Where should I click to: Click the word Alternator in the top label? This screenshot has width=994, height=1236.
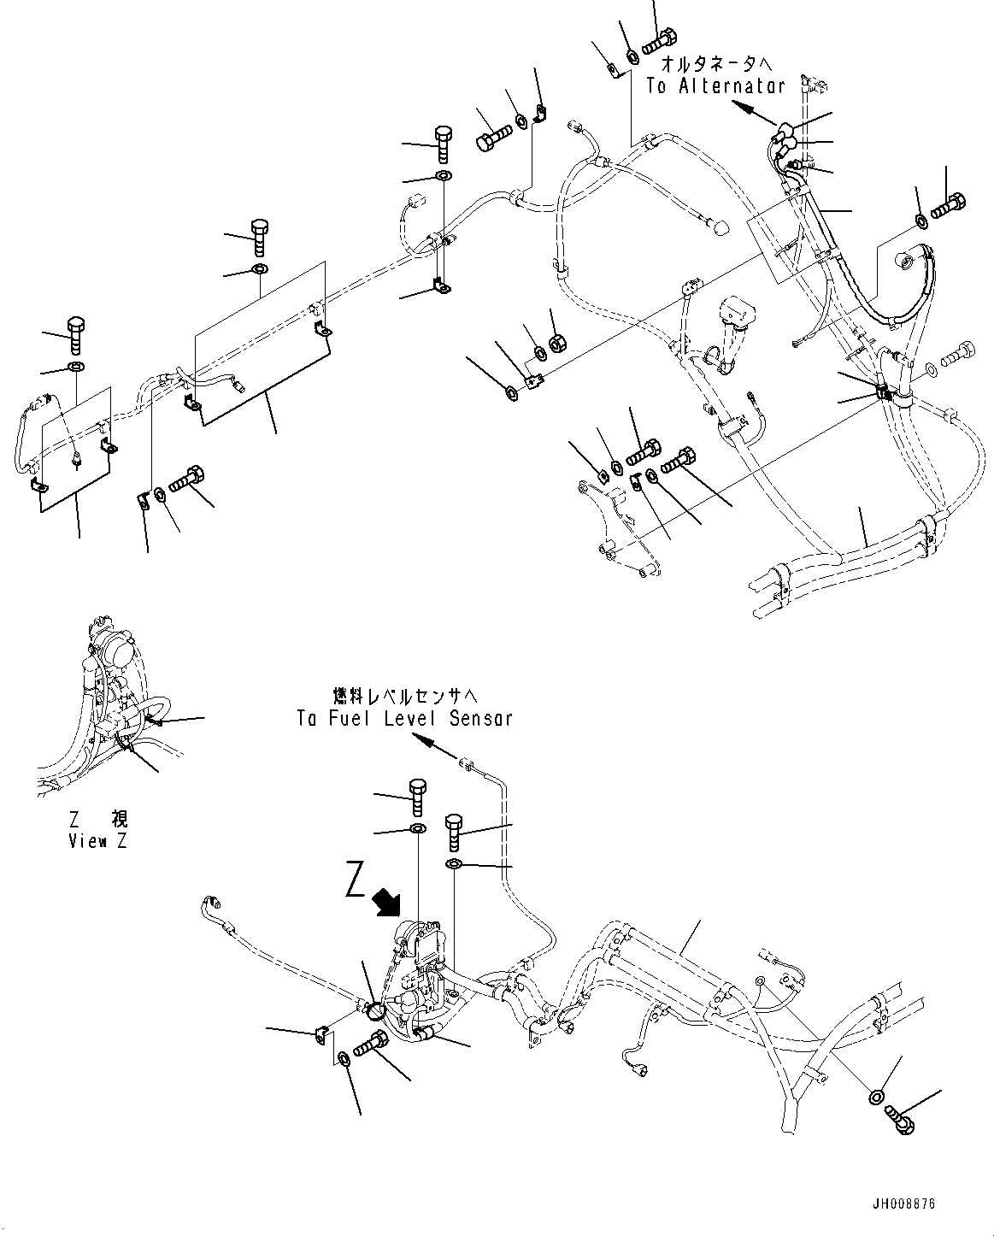732,86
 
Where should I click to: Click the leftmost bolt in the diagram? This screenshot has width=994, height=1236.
74,335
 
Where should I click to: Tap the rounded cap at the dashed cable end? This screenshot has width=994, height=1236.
719,227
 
